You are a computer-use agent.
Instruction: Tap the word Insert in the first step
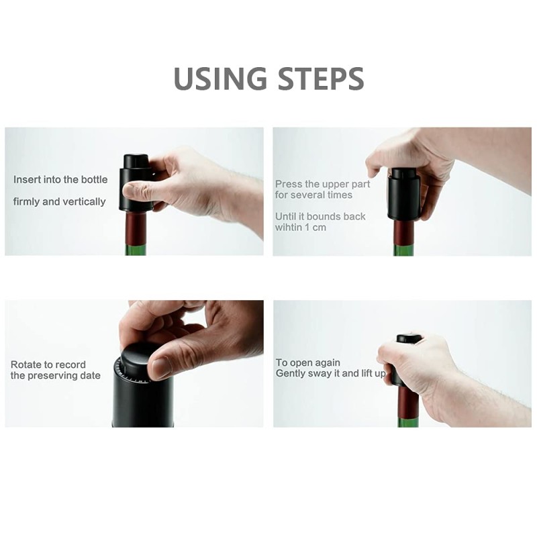tap(29, 180)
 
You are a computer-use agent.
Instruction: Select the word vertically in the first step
tap(84, 201)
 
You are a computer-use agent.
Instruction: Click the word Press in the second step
tap(288, 184)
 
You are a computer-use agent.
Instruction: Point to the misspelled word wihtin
tap(290, 228)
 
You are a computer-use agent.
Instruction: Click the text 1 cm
tap(322, 228)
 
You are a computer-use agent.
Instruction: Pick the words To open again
tap(308, 362)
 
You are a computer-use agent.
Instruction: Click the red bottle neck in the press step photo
tap(404, 232)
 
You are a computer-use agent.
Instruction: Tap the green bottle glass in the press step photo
tap(405, 250)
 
